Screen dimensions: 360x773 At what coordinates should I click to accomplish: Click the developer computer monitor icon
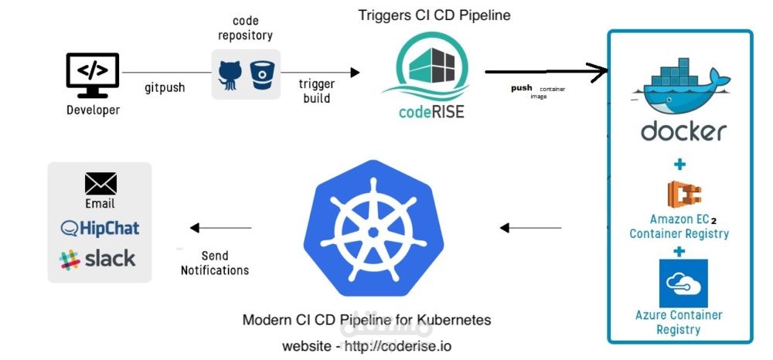coord(93,75)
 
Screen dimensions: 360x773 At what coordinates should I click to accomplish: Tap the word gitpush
coord(165,88)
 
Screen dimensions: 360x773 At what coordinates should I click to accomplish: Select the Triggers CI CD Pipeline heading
coord(434,15)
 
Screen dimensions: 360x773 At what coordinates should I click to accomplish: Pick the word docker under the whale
coord(683,131)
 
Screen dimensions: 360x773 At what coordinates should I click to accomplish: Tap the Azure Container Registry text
coord(679,322)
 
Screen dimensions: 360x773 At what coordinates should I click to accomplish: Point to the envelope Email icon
coord(100,183)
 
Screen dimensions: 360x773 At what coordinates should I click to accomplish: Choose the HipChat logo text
coord(100,228)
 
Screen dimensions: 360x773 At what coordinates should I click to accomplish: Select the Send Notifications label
coord(215,263)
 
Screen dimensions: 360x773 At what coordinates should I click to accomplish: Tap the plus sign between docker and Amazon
coord(679,165)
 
